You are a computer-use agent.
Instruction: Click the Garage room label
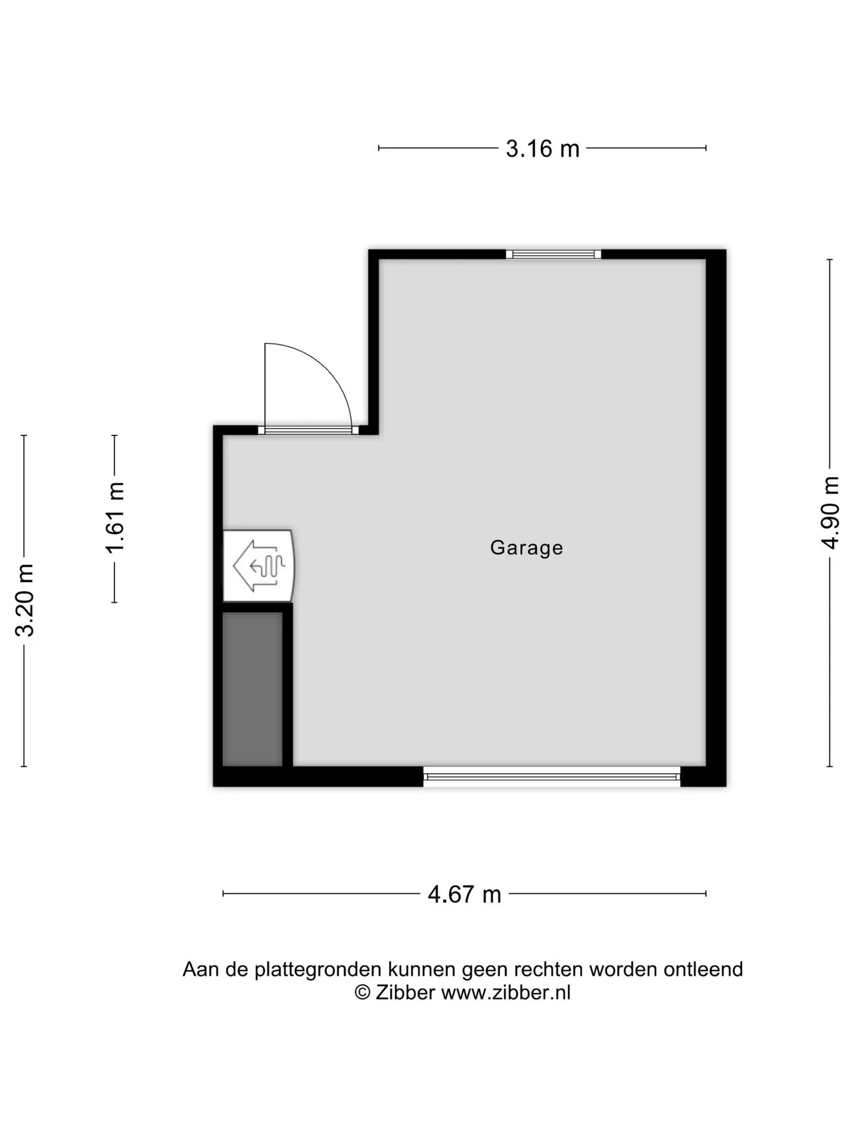pos(526,547)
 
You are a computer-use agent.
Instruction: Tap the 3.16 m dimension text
pos(542,148)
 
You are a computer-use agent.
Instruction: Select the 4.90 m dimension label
pos(830,513)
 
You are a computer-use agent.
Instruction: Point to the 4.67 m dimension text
pos(464,894)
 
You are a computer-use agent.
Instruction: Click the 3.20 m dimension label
pos(25,600)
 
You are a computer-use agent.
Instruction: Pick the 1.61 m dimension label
pos(115,517)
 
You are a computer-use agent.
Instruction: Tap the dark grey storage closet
pos(252,689)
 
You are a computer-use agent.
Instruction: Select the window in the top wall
pos(553,254)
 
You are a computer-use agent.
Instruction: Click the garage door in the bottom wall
pos(552,777)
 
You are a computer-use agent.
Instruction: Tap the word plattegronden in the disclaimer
pos(317,969)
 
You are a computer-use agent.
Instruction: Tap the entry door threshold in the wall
pos(308,430)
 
